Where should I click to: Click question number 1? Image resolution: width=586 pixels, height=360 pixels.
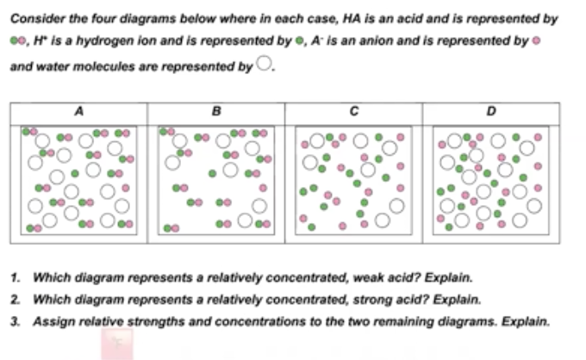click(x=16, y=278)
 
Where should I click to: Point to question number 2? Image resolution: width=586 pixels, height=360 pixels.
click(x=16, y=300)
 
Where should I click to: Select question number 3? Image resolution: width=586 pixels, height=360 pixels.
click(x=16, y=320)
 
